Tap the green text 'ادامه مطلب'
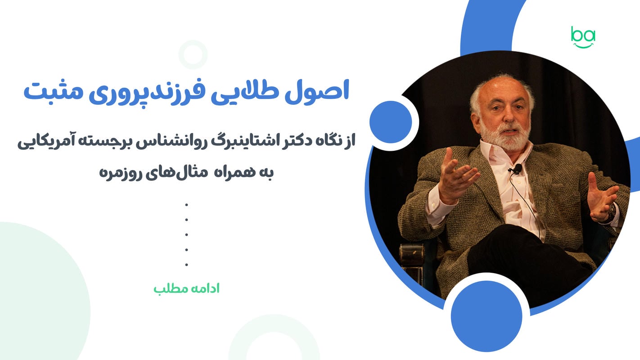187,288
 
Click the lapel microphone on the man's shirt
517,169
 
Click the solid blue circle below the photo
487,316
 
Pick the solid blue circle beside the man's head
391,122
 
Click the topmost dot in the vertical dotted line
187,205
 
